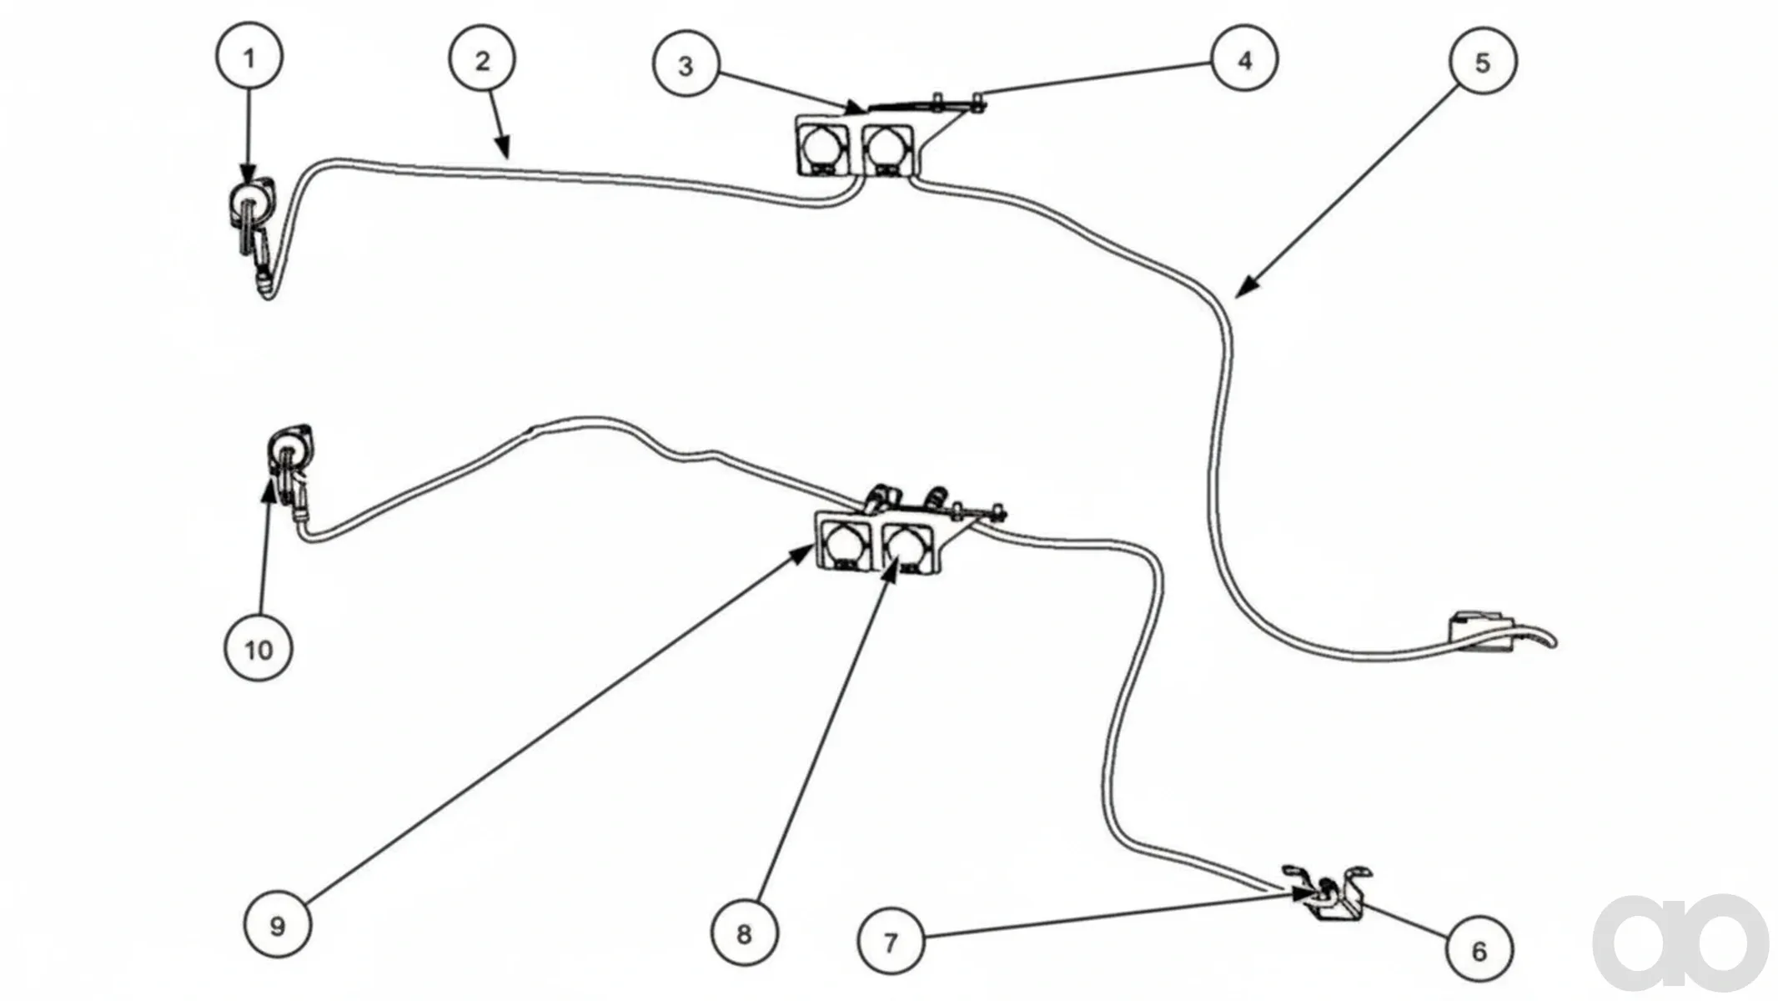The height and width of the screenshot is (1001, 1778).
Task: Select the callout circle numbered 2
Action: coord(482,59)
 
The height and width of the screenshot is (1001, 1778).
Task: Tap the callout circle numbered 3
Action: coord(686,63)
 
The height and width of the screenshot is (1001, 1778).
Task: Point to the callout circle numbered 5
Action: coord(1483,61)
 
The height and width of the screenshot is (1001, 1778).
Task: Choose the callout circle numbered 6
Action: coord(1479,949)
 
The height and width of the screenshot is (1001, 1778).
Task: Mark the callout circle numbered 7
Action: coord(892,942)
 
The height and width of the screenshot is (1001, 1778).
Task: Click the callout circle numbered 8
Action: coord(744,933)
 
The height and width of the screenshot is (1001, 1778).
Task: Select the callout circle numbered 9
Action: coord(278,924)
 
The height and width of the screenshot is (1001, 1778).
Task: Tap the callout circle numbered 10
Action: coord(259,648)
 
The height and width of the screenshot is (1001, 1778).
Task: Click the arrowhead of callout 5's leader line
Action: coord(1246,287)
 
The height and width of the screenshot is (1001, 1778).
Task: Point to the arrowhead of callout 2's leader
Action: coord(502,147)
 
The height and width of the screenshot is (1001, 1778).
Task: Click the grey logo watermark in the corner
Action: coord(1680,943)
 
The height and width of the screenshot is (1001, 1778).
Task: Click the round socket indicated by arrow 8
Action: coord(904,546)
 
